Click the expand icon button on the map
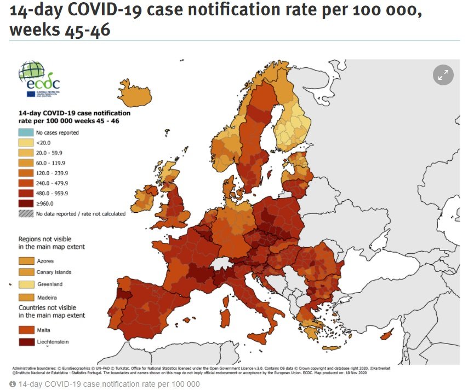pos(443,75)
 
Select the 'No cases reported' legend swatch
pos(26,132)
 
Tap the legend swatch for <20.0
pos(26,142)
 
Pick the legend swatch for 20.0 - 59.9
pos(26,153)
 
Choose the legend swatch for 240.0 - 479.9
pos(26,183)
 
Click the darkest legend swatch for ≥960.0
pos(26,203)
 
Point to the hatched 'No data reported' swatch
pos(26,213)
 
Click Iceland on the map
pos(134,94)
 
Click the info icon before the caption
pos(13,384)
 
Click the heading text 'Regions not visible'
pos(49,239)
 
